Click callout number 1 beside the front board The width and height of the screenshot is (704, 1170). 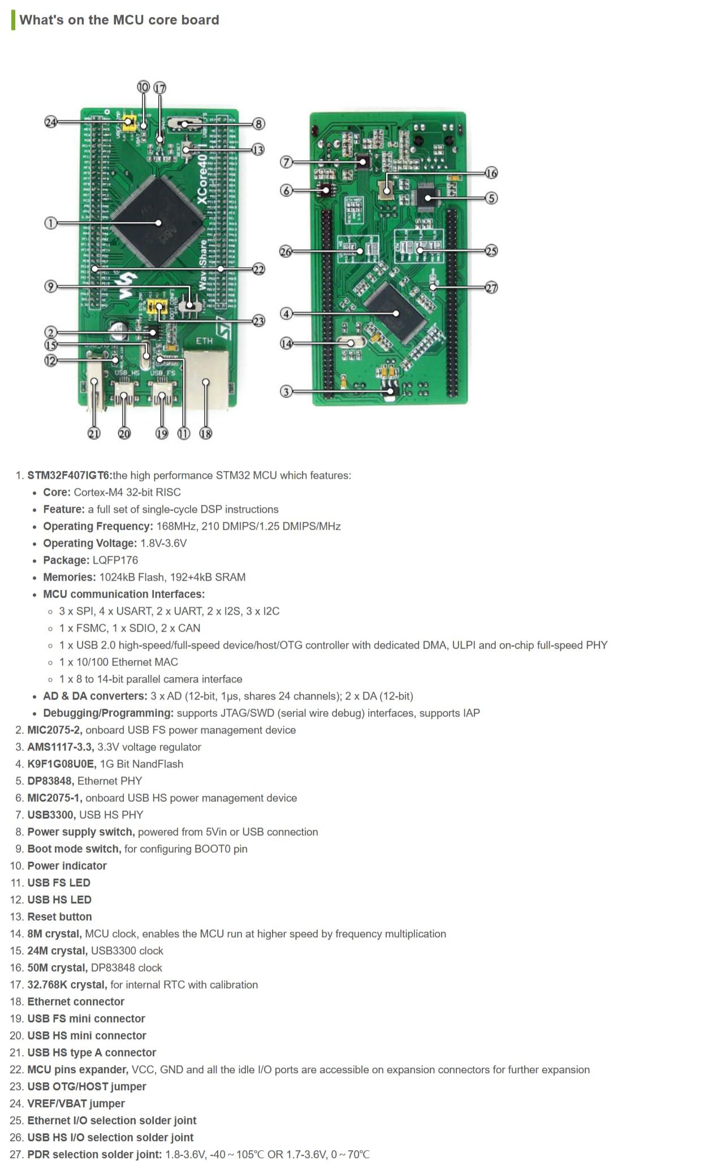(50, 223)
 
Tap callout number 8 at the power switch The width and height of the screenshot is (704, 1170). (258, 124)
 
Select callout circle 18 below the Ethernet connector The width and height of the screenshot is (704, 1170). (206, 434)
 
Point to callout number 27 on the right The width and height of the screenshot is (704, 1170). (491, 288)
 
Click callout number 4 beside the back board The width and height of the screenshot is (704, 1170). (286, 313)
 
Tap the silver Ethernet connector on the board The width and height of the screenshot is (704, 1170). (207, 379)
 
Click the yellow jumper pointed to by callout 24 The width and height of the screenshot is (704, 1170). (129, 122)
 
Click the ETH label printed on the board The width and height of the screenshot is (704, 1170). (204, 341)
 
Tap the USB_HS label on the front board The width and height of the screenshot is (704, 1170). (127, 373)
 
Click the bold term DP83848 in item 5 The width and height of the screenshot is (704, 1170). (50, 781)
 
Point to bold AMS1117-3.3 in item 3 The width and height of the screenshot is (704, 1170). (61, 747)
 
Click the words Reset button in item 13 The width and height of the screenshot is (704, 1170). (59, 917)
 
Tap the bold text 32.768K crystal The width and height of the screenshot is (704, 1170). (67, 985)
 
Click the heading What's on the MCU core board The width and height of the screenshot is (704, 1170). (119, 20)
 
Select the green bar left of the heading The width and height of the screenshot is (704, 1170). (13, 20)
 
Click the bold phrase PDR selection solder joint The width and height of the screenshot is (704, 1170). (94, 1155)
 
